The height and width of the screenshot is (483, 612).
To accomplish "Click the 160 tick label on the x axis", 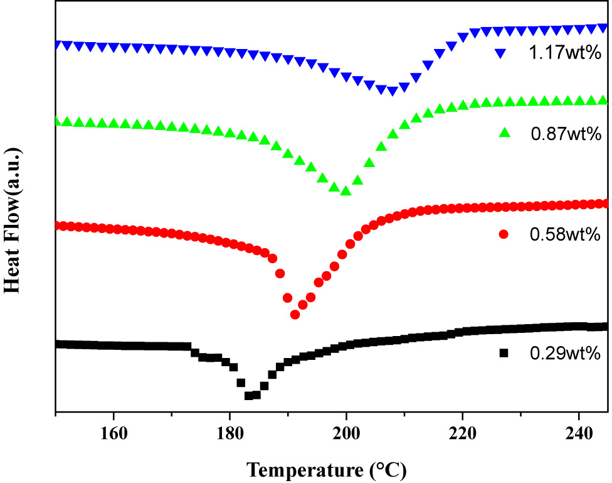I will [x=113, y=434].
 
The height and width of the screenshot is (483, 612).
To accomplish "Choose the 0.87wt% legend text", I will [x=566, y=133].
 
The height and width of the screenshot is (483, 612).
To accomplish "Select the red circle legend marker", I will [x=503, y=234].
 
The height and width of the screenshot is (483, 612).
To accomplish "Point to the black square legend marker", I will [x=503, y=354].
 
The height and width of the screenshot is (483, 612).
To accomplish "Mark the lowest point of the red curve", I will [x=295, y=314].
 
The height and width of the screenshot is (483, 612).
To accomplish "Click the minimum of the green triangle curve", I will [x=346, y=191].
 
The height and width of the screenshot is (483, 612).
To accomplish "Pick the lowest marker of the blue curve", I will [x=392, y=92].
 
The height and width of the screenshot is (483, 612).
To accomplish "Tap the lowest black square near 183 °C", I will [x=249, y=396].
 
